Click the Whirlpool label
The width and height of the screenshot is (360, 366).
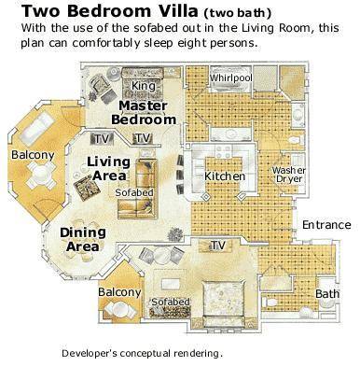(230, 77)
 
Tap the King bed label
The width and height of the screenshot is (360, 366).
(144, 86)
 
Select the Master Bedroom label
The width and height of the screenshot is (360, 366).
(144, 113)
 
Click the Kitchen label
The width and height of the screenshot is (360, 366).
(225, 176)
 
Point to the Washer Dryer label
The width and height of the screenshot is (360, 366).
(289, 175)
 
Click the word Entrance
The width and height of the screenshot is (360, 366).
(326, 225)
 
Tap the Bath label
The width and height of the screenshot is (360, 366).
(327, 293)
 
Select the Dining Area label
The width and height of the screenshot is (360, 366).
(83, 240)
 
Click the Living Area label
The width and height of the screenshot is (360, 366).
(108, 168)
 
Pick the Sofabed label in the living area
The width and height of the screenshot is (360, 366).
(134, 192)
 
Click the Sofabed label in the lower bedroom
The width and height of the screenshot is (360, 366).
(171, 302)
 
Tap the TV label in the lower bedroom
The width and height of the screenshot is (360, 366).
(218, 246)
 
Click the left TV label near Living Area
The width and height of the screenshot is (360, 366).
(102, 139)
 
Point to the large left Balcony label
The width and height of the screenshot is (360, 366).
(33, 155)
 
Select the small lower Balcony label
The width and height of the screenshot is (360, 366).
(119, 292)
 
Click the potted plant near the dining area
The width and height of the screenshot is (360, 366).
(175, 235)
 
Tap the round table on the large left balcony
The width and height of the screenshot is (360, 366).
(41, 175)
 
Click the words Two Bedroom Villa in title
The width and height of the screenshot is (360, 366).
(110, 11)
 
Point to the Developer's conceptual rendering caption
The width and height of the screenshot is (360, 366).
(143, 353)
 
